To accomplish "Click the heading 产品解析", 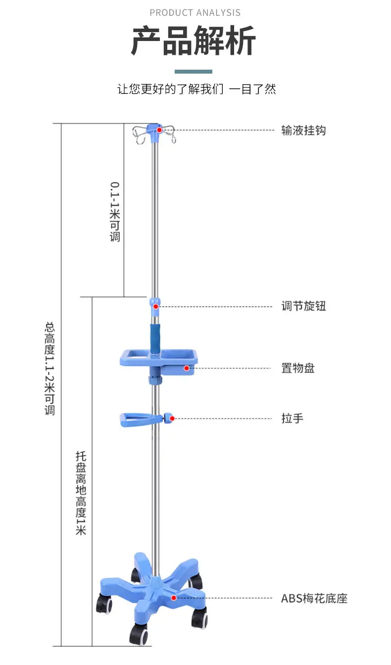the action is [x=194, y=41].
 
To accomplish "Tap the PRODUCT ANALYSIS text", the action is [x=195, y=13].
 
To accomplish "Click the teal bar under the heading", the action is [x=193, y=72].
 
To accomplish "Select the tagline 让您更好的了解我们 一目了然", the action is [x=196, y=89].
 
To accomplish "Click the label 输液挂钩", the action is [x=303, y=130].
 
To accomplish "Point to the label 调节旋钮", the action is [x=303, y=306].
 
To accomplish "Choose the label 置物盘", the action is [x=298, y=368].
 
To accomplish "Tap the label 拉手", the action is [x=293, y=418].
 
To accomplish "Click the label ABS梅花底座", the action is [x=314, y=598].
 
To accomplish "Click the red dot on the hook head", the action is [x=159, y=130].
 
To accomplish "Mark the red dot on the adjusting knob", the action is [x=156, y=306].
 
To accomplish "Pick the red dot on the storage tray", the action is [x=187, y=368].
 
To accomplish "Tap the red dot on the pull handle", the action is [x=172, y=418].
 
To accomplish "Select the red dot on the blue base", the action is [x=174, y=598].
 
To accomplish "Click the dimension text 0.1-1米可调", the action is [x=115, y=212].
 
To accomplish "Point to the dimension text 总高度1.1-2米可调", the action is [x=49, y=369].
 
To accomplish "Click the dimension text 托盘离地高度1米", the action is [x=81, y=493].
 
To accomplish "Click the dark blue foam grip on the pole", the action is [x=155, y=338].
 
